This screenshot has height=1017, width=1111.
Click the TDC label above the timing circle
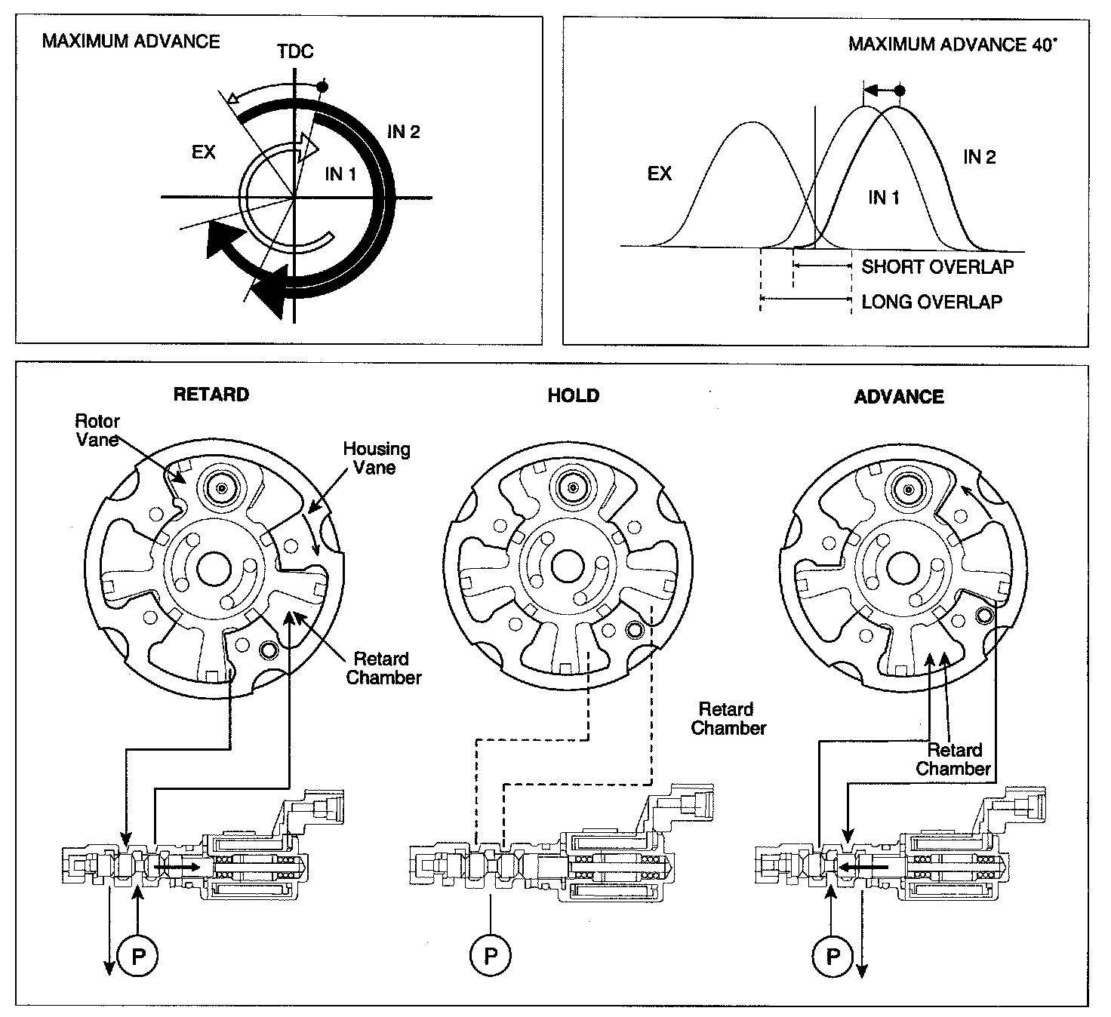tap(295, 52)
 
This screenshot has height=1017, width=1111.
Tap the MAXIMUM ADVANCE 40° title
tap(953, 44)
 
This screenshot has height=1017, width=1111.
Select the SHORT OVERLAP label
tap(937, 266)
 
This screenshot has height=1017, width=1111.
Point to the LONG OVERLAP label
tap(931, 302)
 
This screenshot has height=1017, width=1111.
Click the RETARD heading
tap(211, 395)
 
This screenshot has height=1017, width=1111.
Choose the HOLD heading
tap(574, 396)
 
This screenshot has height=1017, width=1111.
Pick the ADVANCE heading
tap(899, 397)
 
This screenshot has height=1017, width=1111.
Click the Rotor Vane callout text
tap(97, 430)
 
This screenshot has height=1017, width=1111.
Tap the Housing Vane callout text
tap(376, 458)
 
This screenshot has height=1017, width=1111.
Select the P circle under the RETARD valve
tap(139, 957)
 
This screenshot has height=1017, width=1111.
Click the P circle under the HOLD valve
tap(491, 957)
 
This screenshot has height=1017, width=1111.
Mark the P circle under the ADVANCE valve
tap(833, 957)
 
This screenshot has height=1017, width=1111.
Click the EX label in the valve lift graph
tap(659, 174)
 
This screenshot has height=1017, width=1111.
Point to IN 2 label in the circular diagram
tap(404, 132)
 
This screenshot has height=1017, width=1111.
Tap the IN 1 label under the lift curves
tap(883, 198)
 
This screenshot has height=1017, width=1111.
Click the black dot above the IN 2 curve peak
tap(899, 91)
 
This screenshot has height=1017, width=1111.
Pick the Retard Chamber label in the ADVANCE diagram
tap(954, 759)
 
